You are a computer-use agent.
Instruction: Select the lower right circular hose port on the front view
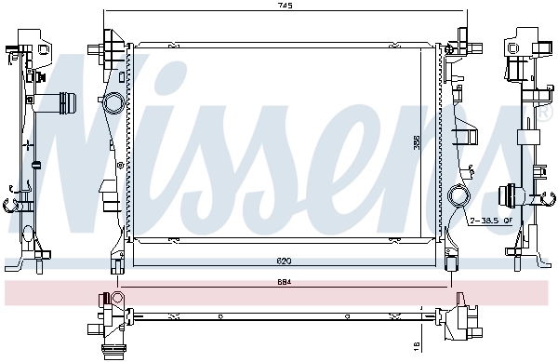click(458, 197)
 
